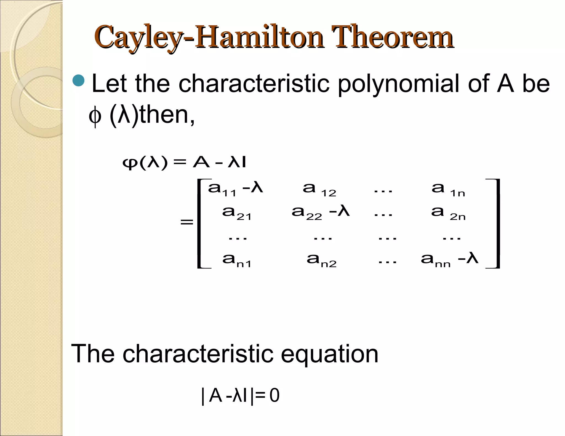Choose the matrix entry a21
pos(237,213)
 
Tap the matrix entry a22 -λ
pos(320,213)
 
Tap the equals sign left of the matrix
pos(187,222)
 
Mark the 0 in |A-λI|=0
pos(274,396)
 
